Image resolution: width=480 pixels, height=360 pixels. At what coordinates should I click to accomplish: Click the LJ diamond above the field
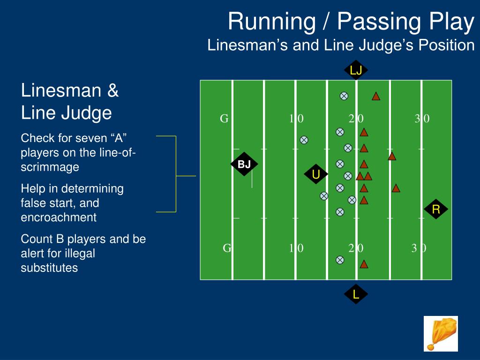[x=356, y=70]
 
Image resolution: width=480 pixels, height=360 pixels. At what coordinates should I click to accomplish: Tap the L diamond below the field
[x=356, y=294]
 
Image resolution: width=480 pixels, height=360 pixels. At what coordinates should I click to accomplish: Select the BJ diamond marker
[x=244, y=164]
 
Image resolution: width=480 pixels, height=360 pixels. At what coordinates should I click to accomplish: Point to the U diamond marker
[x=316, y=175]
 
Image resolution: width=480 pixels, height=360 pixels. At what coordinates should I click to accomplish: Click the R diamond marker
[x=436, y=210]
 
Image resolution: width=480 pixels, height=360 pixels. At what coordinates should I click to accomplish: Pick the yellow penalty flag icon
[x=441, y=333]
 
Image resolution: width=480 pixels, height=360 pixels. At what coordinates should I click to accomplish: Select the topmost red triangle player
[x=376, y=97]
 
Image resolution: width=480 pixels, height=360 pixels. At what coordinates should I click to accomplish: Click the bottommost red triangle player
[x=364, y=264]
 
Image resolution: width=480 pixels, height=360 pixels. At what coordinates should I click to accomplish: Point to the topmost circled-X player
[x=344, y=96]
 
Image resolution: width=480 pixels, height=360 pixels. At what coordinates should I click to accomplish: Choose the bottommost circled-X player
[x=340, y=260]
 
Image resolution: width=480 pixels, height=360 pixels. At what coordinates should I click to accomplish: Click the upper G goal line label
[x=225, y=119]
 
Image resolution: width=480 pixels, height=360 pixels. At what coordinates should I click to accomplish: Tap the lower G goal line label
[x=227, y=248]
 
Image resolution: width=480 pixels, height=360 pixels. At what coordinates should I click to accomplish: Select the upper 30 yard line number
[x=422, y=119]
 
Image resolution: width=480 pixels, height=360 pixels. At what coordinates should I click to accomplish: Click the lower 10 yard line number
[x=296, y=248]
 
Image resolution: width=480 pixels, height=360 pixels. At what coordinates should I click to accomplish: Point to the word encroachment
[x=59, y=217]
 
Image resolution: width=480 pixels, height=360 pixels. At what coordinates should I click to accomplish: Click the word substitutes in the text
[x=49, y=268]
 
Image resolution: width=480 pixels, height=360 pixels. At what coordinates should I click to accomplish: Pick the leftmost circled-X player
[x=304, y=140]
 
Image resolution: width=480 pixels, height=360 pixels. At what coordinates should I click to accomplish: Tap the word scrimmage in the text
[x=50, y=167]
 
